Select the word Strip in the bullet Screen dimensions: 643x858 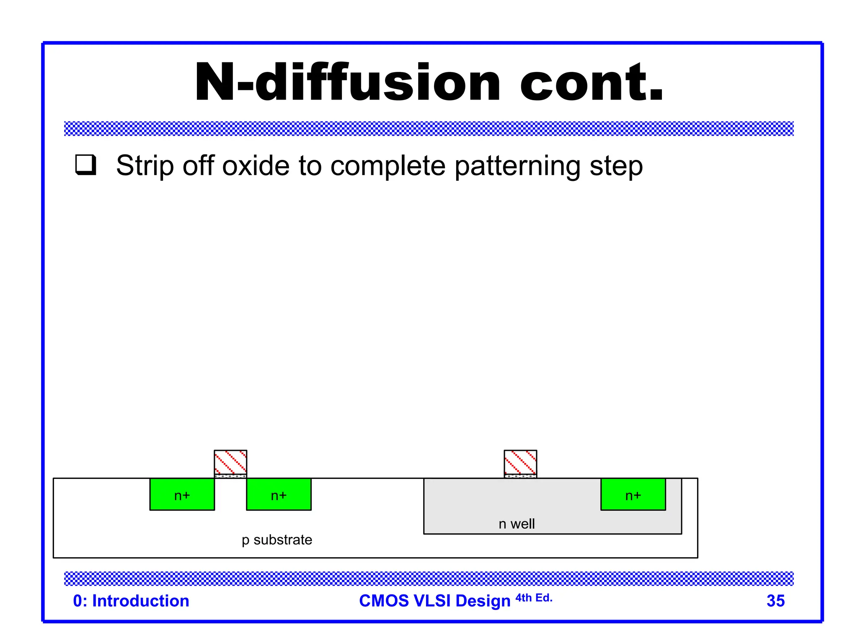click(x=145, y=166)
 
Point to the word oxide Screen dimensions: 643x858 click(x=256, y=166)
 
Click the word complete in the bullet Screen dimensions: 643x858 click(x=388, y=167)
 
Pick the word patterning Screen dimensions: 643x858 click(x=517, y=167)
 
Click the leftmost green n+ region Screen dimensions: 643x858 click(x=182, y=494)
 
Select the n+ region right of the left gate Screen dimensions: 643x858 click(x=279, y=494)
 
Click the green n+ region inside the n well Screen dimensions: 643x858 click(x=633, y=494)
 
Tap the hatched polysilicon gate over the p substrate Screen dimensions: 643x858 click(x=230, y=462)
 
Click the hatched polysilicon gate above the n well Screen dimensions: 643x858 click(x=520, y=462)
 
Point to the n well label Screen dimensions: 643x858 click(x=517, y=524)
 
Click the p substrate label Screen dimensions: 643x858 click(x=277, y=540)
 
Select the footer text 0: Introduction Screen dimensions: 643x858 click(x=131, y=601)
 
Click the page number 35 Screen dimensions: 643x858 click(x=775, y=601)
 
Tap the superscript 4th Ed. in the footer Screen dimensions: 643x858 click(x=534, y=598)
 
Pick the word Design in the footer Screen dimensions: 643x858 click(x=483, y=601)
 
